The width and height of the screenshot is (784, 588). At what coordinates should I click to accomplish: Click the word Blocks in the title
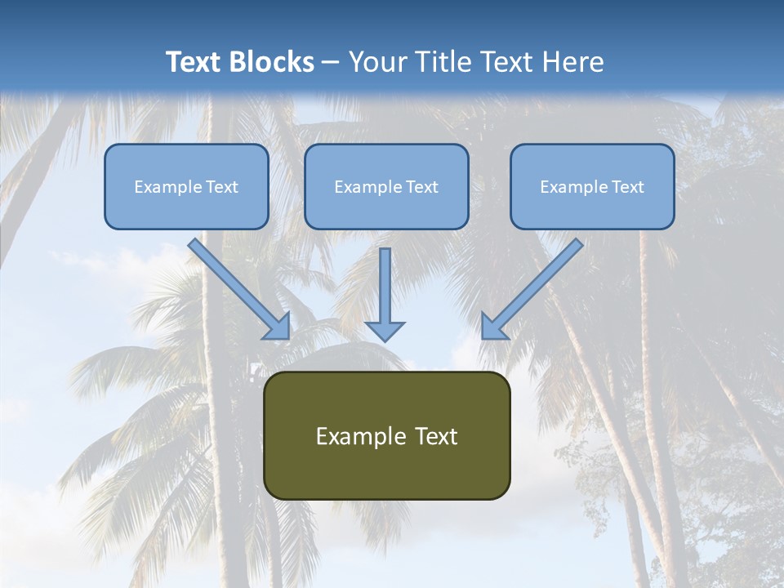point(274,62)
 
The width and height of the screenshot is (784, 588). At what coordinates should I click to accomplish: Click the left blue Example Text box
point(186,186)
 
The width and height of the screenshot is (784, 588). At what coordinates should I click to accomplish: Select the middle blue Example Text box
point(386,186)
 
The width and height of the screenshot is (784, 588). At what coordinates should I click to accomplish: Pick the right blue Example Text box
point(592,186)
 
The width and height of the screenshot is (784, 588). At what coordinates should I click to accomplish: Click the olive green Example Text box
point(386,435)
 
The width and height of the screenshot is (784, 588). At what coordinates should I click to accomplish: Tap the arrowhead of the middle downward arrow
point(385,331)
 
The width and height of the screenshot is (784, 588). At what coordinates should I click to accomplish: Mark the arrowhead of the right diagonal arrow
point(492,328)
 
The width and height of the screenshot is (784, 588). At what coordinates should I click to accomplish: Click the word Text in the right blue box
point(627,186)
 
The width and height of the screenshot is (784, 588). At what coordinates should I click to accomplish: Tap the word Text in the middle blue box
point(421,186)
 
